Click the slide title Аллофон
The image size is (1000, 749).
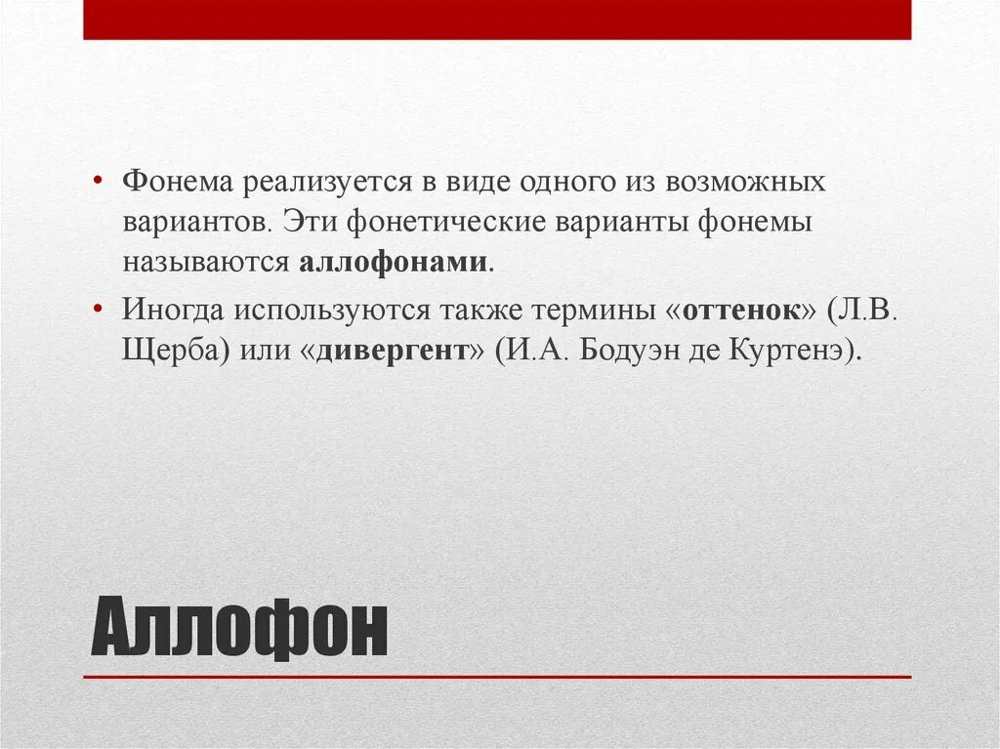tap(239, 630)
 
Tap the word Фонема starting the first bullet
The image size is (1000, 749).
tap(177, 182)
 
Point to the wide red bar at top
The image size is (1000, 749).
tap(497, 20)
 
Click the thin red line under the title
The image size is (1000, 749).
tap(497, 677)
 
